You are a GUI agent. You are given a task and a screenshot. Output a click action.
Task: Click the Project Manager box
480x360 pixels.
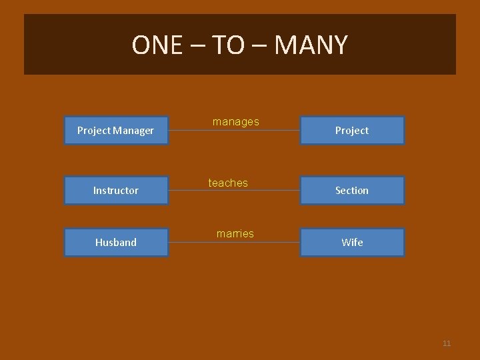[x=116, y=131]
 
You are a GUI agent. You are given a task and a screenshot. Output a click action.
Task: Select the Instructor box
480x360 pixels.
[x=116, y=191]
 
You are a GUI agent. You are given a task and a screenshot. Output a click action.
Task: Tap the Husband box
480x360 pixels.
[x=116, y=243]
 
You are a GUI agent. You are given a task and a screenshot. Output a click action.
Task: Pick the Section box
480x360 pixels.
[x=352, y=191]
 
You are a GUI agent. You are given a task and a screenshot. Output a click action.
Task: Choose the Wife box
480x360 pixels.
[x=352, y=243]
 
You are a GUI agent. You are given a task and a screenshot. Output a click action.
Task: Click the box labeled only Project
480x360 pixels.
[x=352, y=131]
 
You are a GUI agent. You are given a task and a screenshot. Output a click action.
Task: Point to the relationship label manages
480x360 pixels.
[x=235, y=121]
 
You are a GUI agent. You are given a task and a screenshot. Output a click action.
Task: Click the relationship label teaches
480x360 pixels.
[x=228, y=183]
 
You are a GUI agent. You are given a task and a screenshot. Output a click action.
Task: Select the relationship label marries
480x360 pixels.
[x=235, y=233]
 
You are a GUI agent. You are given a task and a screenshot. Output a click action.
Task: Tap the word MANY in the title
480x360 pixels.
[x=311, y=45]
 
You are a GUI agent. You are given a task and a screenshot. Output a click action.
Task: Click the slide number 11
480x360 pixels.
[x=447, y=343]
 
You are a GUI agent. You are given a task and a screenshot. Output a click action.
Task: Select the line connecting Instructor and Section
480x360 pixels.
[x=267, y=191]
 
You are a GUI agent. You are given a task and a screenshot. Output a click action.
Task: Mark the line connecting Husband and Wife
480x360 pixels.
[x=267, y=243]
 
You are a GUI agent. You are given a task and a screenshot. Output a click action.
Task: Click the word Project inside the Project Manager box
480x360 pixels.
[x=93, y=131]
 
